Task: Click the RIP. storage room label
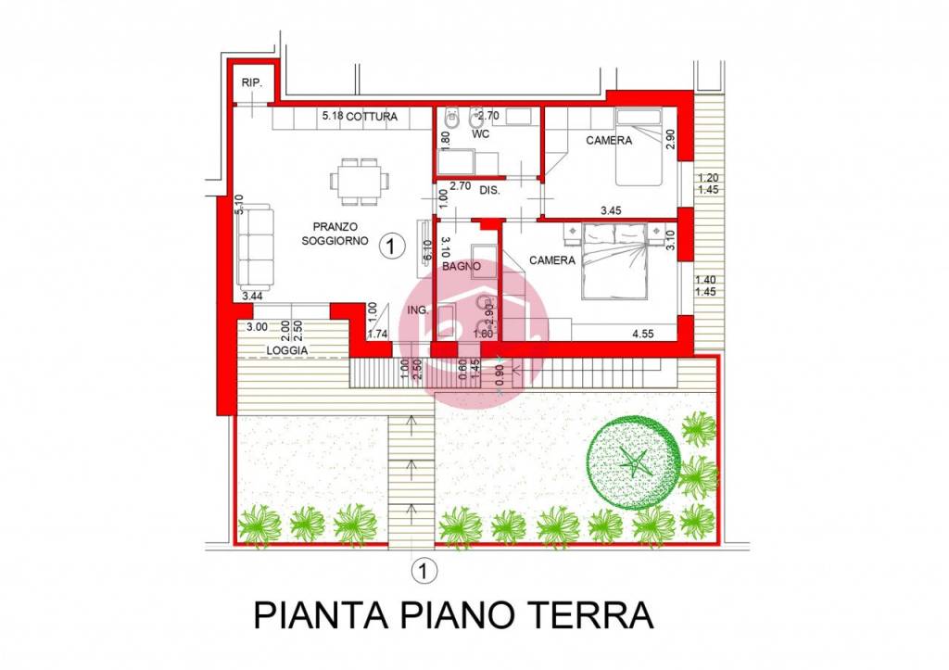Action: click(252, 83)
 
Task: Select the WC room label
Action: click(480, 134)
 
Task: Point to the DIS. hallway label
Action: click(489, 190)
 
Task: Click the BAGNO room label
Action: click(461, 266)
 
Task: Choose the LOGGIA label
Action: click(287, 350)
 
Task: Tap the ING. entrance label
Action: click(418, 310)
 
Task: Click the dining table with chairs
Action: click(359, 182)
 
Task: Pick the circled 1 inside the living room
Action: click(393, 246)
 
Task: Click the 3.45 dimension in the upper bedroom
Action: click(610, 211)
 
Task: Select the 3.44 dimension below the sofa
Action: click(249, 297)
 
